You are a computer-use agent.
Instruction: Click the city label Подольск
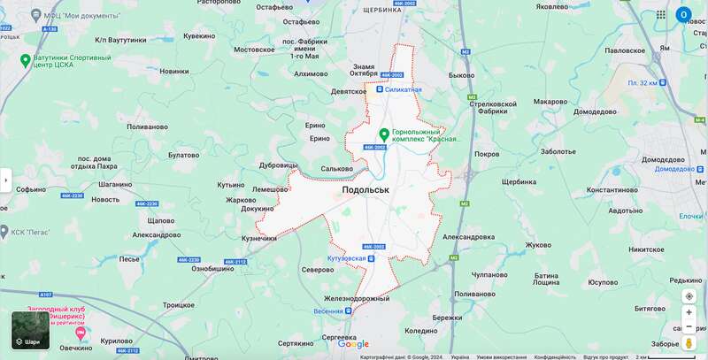point(366,190)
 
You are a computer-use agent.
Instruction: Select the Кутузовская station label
point(346,258)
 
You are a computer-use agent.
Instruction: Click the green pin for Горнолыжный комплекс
point(384,134)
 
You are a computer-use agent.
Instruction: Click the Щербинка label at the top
point(382,9)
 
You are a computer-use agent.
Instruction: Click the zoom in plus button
point(689,312)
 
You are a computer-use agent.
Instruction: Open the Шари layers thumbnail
point(30,330)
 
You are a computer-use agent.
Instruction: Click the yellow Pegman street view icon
point(689,343)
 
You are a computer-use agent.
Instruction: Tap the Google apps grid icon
point(660,15)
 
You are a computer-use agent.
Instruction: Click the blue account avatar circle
point(683,15)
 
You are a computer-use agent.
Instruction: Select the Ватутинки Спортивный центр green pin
point(27,60)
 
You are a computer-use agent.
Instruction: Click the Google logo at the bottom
point(353,344)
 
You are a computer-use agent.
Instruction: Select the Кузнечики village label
point(259,238)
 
